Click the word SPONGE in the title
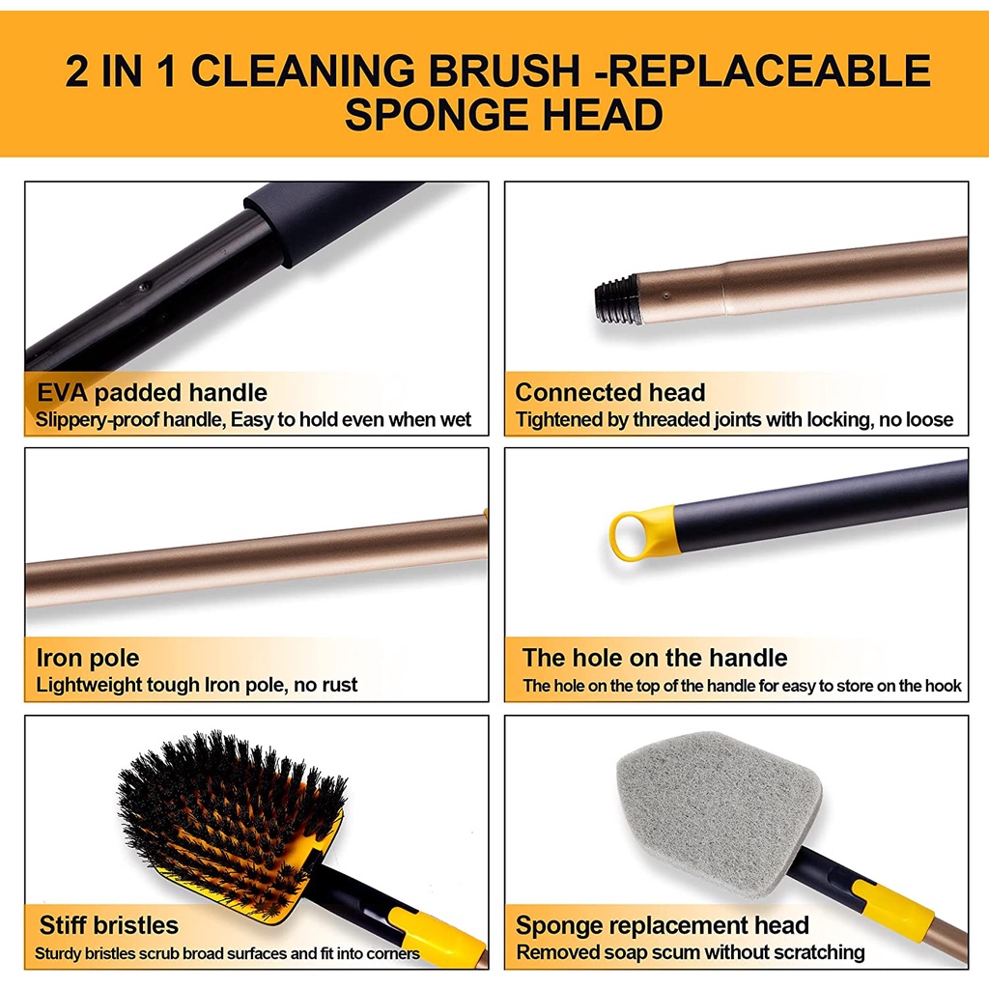(429, 115)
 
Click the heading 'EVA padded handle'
(152, 393)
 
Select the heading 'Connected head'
(610, 393)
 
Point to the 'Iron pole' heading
(88, 659)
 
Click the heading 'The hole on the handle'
(655, 659)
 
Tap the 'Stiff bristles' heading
(109, 925)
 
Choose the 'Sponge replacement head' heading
(663, 925)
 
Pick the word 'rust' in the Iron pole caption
(340, 686)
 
